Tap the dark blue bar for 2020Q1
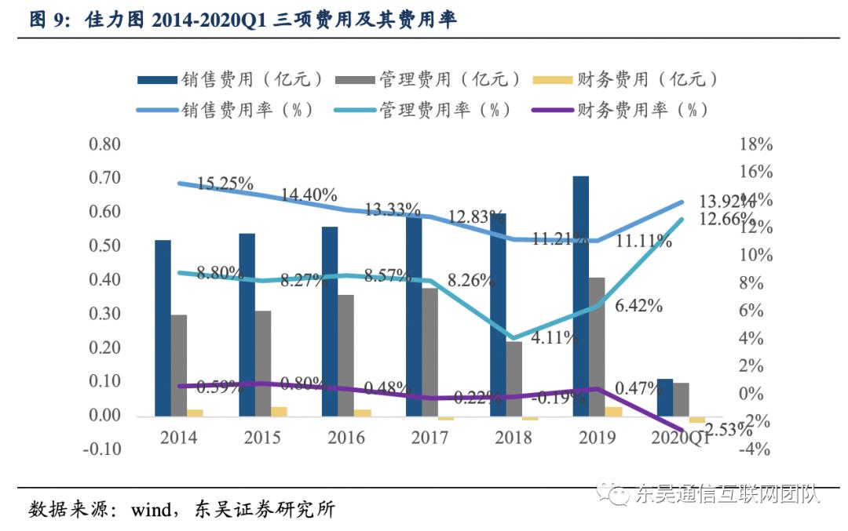(665, 397)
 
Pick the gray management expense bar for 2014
(179, 365)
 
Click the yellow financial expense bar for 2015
(279, 411)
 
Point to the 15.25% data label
(225, 184)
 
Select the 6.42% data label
(638, 306)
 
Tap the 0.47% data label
(638, 387)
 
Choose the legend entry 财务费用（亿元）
(645, 79)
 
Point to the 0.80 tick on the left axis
(105, 144)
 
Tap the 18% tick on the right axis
(756, 144)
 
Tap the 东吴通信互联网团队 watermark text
(726, 494)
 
